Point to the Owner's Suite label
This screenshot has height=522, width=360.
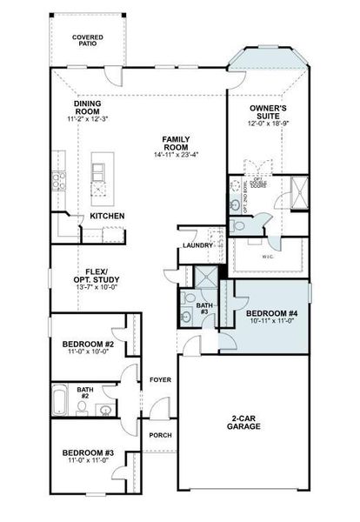point(268,113)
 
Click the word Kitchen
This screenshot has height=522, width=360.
point(107,216)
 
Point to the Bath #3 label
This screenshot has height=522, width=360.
point(204,308)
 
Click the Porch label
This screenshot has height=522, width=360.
point(160,435)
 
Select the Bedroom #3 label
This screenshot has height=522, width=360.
point(88,452)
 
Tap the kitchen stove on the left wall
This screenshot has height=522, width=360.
point(59,181)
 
